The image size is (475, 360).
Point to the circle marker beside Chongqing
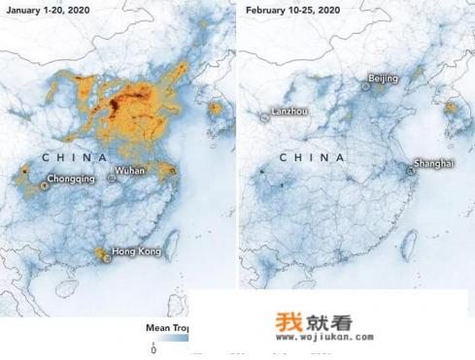[x=45, y=185]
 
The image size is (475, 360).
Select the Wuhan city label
[x=131, y=171]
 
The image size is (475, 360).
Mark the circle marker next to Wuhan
[x=115, y=178]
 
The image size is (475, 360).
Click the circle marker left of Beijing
[x=365, y=86]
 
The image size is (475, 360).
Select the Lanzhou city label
[x=290, y=112]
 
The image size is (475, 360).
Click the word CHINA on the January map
[x=72, y=155]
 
